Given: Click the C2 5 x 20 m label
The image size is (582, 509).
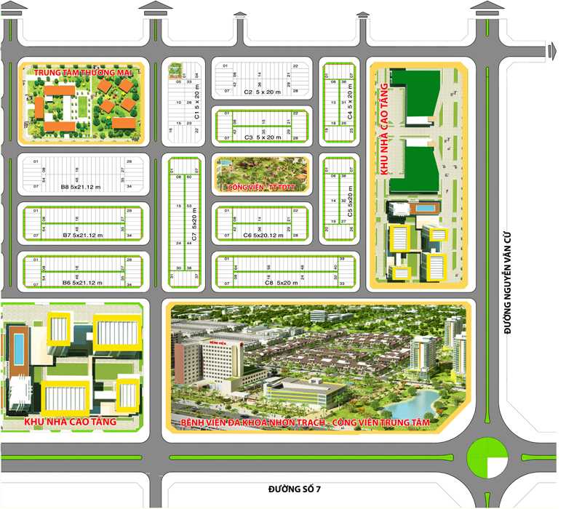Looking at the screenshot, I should pyautogui.click(x=262, y=92).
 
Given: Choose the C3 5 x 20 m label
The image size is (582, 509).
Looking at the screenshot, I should pyautogui.click(x=262, y=137).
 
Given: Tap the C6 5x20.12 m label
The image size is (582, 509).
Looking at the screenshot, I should pyautogui.click(x=262, y=236).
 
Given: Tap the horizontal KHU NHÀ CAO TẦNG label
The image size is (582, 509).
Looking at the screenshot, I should pyautogui.click(x=71, y=422).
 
